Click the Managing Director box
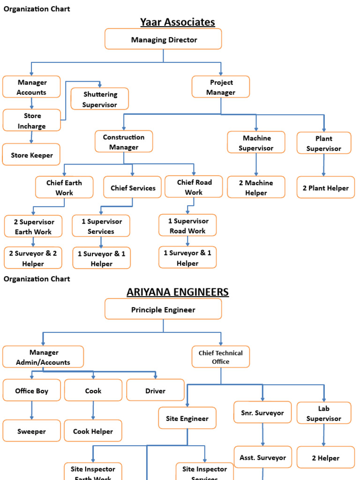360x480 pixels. click(x=163, y=39)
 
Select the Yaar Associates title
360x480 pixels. click(x=177, y=22)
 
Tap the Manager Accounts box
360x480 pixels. click(x=31, y=87)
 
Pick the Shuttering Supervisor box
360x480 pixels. click(x=100, y=99)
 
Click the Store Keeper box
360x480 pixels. click(x=31, y=155)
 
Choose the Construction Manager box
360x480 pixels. click(x=124, y=142)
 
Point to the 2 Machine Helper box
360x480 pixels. click(x=256, y=187)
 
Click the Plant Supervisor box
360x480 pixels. click(x=324, y=143)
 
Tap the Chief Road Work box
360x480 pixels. click(x=194, y=187)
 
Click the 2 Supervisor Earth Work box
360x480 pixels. click(x=33, y=226)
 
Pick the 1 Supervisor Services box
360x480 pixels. click(x=101, y=226)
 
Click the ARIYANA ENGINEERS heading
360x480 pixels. click(x=178, y=292)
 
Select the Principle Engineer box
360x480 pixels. click(x=163, y=309)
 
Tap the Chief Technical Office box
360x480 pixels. click(x=221, y=357)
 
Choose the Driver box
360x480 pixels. click(x=155, y=390)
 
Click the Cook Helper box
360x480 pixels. click(x=93, y=431)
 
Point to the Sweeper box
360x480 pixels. click(x=31, y=431)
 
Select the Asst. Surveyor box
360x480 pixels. click(x=262, y=457)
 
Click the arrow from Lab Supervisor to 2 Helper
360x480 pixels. click(x=323, y=435)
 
